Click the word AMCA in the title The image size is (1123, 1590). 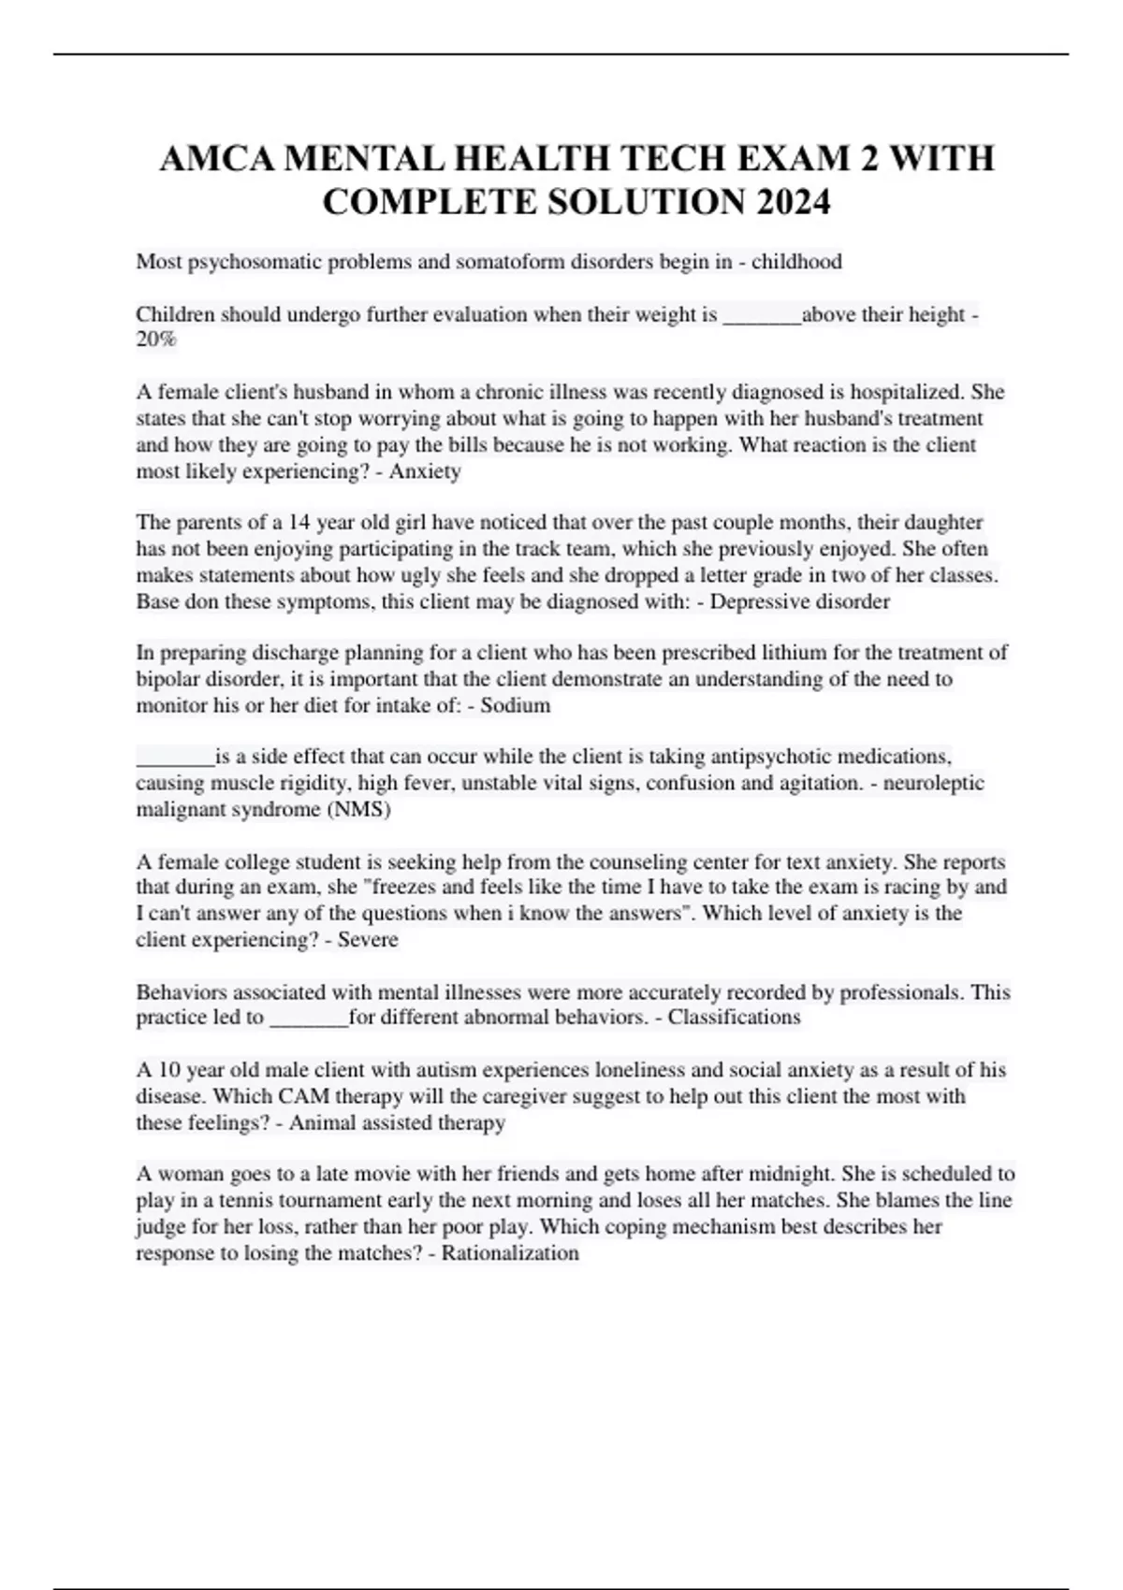point(217,158)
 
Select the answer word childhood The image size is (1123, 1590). point(796,262)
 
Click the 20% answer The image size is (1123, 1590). point(155,340)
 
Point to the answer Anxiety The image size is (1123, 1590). point(425,471)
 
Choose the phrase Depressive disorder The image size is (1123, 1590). point(799,601)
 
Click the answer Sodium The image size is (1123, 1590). point(515,705)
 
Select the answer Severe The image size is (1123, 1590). point(368,939)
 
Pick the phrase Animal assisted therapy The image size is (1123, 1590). point(397,1122)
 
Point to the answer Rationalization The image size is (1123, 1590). point(510,1252)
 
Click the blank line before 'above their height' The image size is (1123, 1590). point(762,316)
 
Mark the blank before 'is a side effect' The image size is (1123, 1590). point(175,758)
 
